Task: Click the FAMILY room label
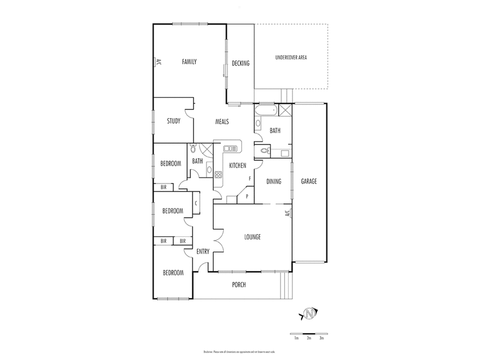pos(190,62)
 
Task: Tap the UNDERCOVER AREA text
pos(291,58)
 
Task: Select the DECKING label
pos(240,64)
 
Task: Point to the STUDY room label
pos(173,121)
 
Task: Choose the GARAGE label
pos(309,181)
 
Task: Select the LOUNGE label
pos(252,236)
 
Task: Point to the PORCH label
pos(238,284)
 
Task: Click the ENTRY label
pos(203,251)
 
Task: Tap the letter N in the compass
pos(310,314)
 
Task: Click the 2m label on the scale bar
pos(309,339)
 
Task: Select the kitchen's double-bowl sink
pos(230,148)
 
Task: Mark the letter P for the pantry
pos(247,196)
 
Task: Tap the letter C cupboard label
pos(196,203)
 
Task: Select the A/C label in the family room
pos(158,61)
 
